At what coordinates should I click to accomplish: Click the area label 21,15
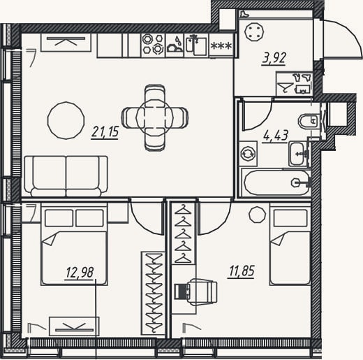click(105, 132)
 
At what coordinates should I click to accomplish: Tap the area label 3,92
click(274, 58)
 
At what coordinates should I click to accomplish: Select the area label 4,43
click(276, 136)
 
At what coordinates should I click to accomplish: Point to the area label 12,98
click(80, 272)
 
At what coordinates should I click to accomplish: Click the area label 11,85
click(242, 271)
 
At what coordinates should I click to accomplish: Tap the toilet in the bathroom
click(309, 121)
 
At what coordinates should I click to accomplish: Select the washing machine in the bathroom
click(248, 154)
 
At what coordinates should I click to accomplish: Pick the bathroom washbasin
click(298, 154)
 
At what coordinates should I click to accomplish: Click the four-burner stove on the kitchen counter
click(153, 45)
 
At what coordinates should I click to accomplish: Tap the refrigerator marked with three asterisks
click(221, 45)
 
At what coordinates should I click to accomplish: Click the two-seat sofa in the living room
click(66, 176)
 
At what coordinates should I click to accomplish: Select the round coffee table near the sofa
click(66, 120)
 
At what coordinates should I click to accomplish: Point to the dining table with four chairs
click(155, 117)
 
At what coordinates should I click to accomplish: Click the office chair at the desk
click(202, 292)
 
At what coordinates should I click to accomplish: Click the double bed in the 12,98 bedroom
click(74, 244)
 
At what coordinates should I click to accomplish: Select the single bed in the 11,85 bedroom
click(290, 244)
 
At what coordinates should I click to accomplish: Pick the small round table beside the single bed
click(257, 215)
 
